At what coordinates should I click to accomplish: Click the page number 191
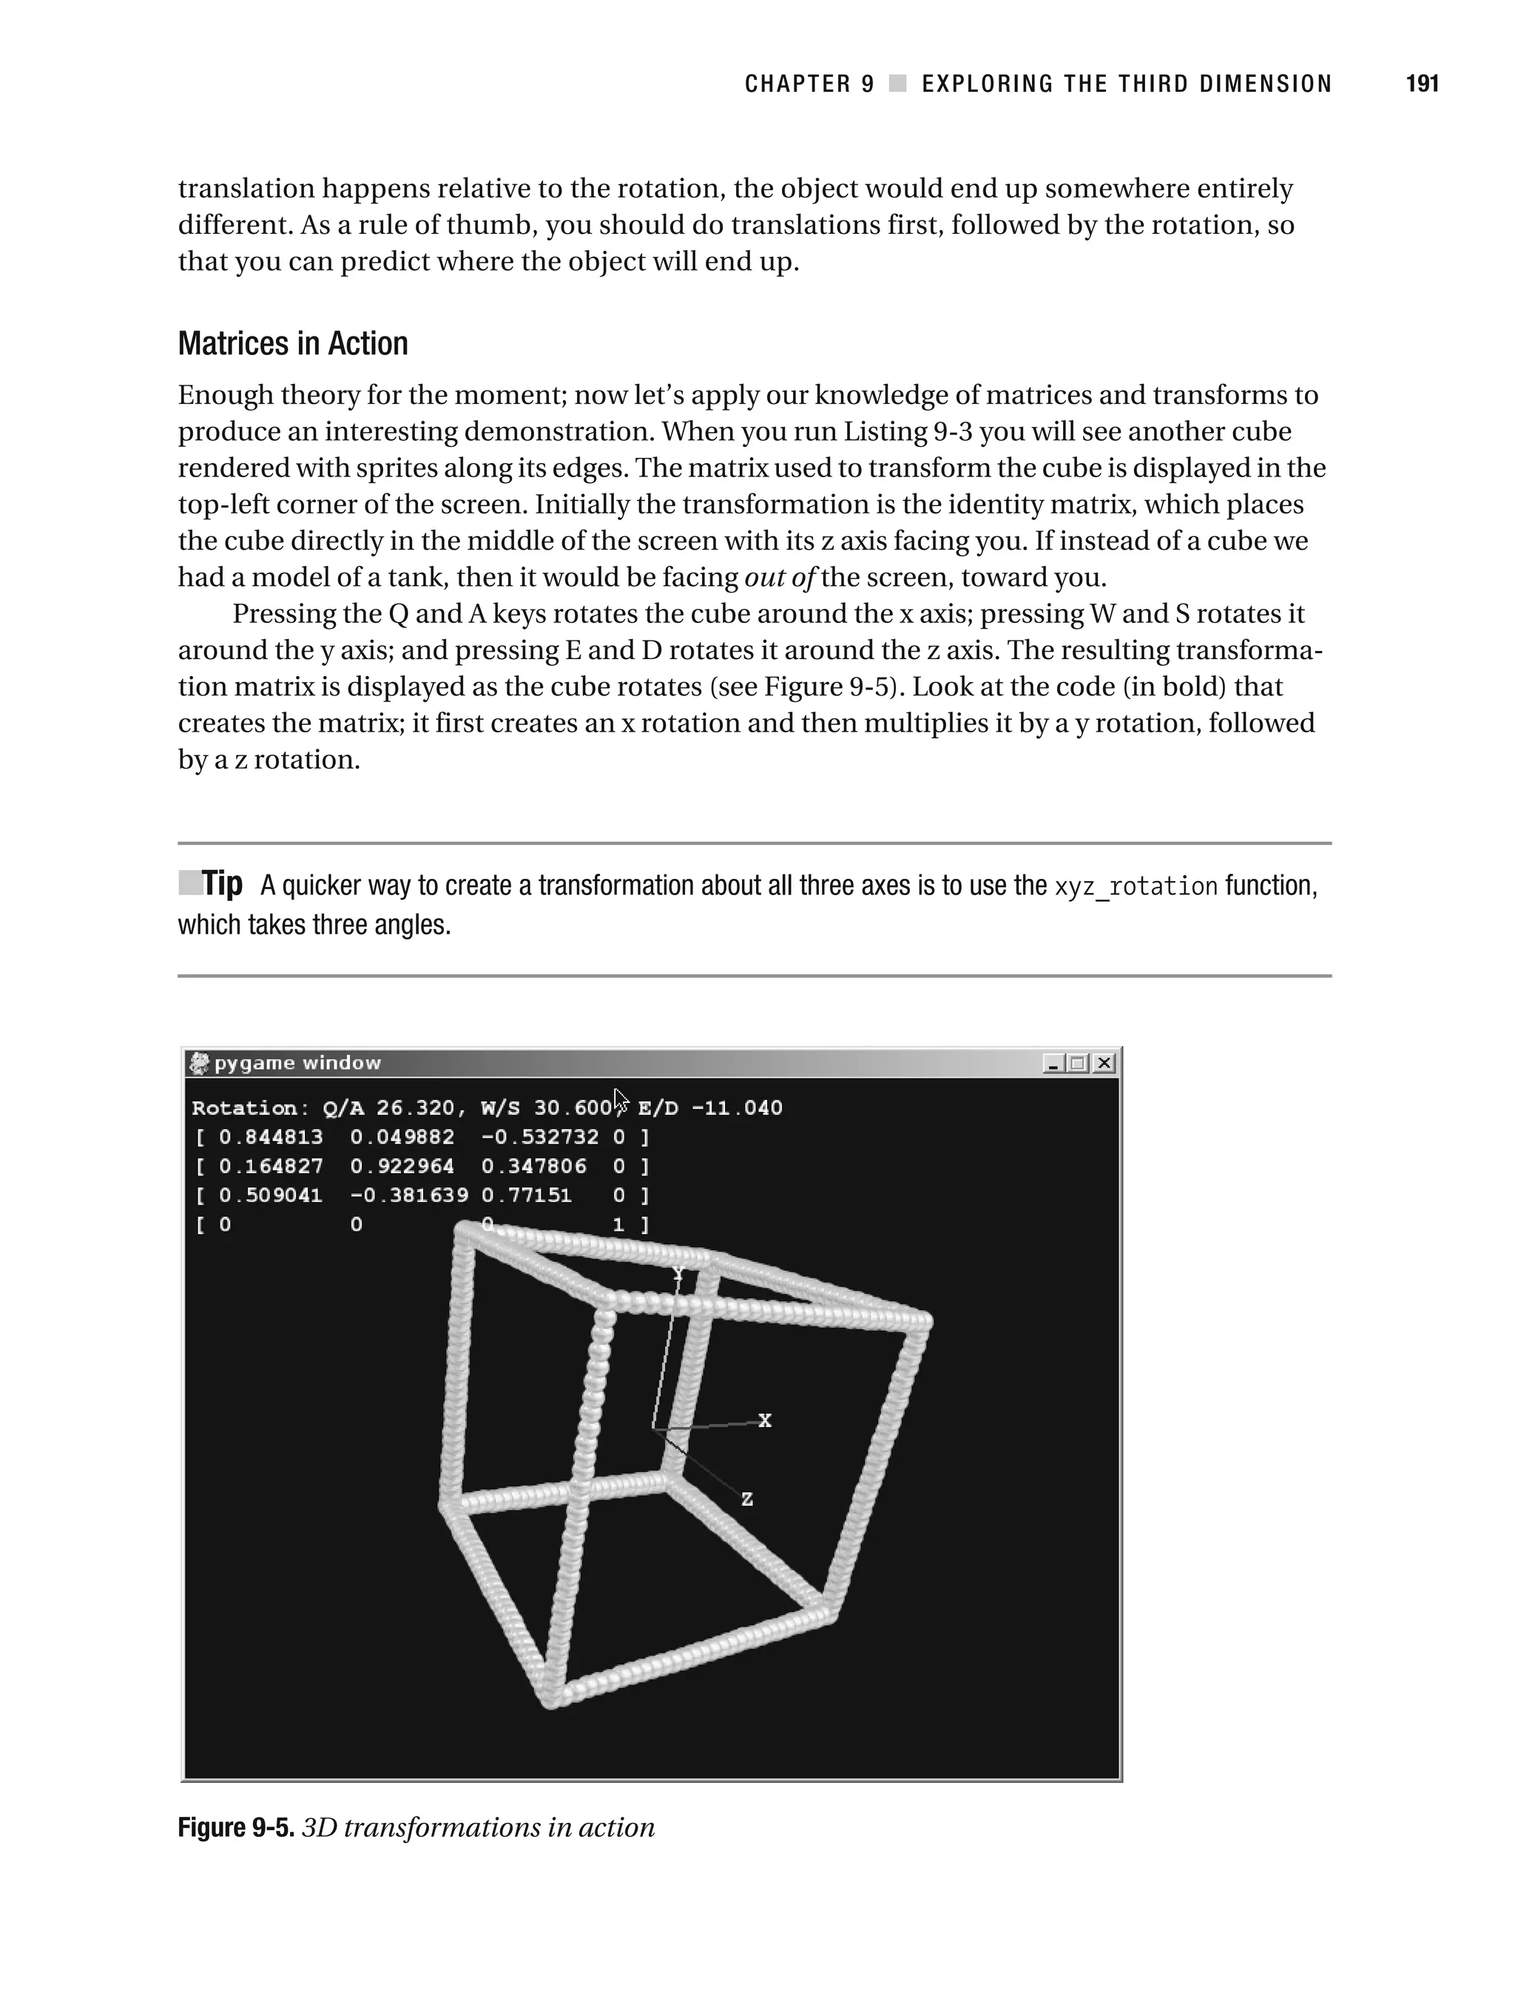[x=1421, y=84]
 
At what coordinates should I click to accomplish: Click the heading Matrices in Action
[x=293, y=343]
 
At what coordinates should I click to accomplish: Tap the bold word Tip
[x=222, y=883]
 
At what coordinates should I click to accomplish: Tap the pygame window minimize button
[x=1053, y=1062]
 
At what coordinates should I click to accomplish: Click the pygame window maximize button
[x=1078, y=1062]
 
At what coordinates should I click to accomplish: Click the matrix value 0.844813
[x=271, y=1137]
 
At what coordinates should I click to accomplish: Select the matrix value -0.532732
[x=540, y=1137]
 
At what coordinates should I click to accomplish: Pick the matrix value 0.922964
[x=402, y=1166]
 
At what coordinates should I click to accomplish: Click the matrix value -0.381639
[x=409, y=1195]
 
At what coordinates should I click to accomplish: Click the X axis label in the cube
[x=765, y=1420]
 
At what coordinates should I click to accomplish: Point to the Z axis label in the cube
[x=747, y=1500]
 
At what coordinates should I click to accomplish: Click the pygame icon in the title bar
[x=199, y=1062]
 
